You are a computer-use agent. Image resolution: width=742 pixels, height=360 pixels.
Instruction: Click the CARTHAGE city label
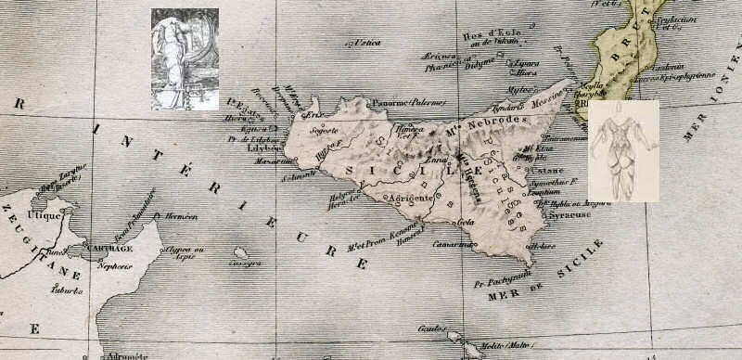pyautogui.click(x=110, y=249)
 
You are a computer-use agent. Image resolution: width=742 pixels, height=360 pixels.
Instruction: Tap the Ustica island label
pyautogui.click(x=365, y=44)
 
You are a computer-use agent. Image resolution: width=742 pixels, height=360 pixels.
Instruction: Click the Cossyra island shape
pyautogui.click(x=240, y=252)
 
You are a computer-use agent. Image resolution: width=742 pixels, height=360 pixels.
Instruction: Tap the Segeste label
pyautogui.click(x=324, y=130)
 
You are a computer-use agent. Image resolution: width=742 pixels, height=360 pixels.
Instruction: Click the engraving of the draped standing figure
pyautogui.click(x=185, y=59)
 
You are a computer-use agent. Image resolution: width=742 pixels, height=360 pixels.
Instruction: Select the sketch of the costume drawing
pyautogui.click(x=623, y=150)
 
